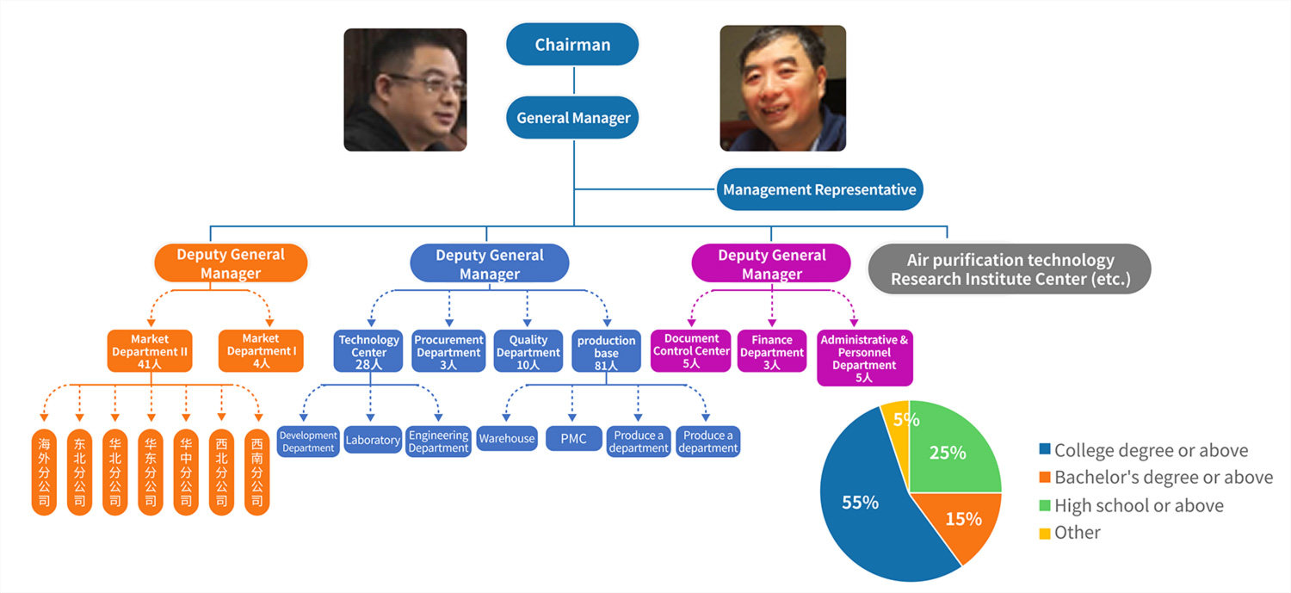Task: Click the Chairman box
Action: click(x=572, y=45)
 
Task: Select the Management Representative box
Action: click(x=819, y=189)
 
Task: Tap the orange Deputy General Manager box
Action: click(x=231, y=263)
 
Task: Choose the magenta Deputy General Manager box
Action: click(x=771, y=263)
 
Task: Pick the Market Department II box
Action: click(x=150, y=351)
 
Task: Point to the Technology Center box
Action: click(x=368, y=351)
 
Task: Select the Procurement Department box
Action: click(x=448, y=351)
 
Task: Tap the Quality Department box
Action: click(x=528, y=351)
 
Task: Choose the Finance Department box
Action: click(x=771, y=351)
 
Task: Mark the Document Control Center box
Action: click(x=691, y=351)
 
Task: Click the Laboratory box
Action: click(x=372, y=440)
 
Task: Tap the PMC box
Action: click(x=573, y=439)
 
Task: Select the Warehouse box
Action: click(x=507, y=439)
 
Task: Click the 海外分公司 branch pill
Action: click(x=44, y=472)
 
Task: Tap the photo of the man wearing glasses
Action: click(x=405, y=90)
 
